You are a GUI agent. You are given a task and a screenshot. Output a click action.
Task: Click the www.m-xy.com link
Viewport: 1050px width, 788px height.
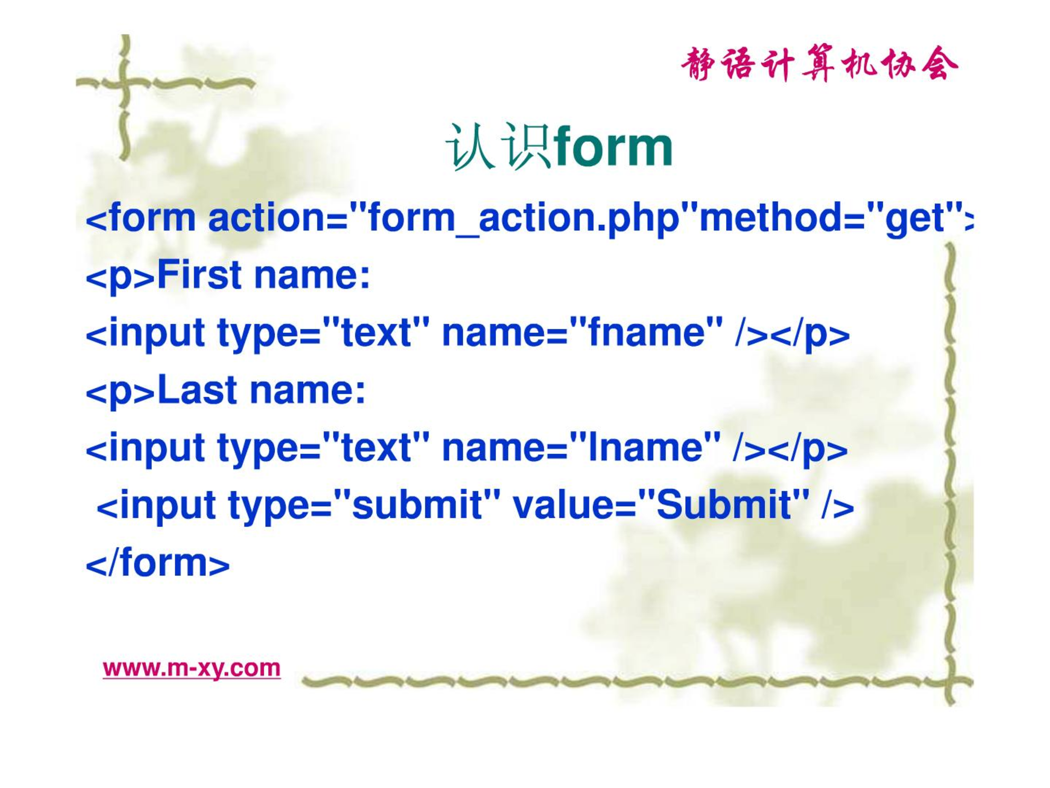click(191, 668)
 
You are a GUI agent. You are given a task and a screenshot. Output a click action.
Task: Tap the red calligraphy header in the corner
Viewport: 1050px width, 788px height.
click(819, 64)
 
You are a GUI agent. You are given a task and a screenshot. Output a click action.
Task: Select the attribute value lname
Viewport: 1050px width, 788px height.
click(645, 448)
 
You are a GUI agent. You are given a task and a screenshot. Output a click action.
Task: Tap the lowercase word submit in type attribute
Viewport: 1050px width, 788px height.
click(417, 505)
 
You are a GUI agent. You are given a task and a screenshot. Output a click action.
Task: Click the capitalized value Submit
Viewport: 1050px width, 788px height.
click(724, 505)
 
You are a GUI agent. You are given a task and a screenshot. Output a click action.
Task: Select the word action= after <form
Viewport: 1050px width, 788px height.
click(278, 218)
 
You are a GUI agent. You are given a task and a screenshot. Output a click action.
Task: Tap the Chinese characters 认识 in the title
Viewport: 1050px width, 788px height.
click(498, 147)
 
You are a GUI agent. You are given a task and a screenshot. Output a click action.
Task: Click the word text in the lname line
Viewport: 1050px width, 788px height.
click(376, 448)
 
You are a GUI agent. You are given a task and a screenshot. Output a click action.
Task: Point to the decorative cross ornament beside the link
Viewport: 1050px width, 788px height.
click(950, 682)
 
